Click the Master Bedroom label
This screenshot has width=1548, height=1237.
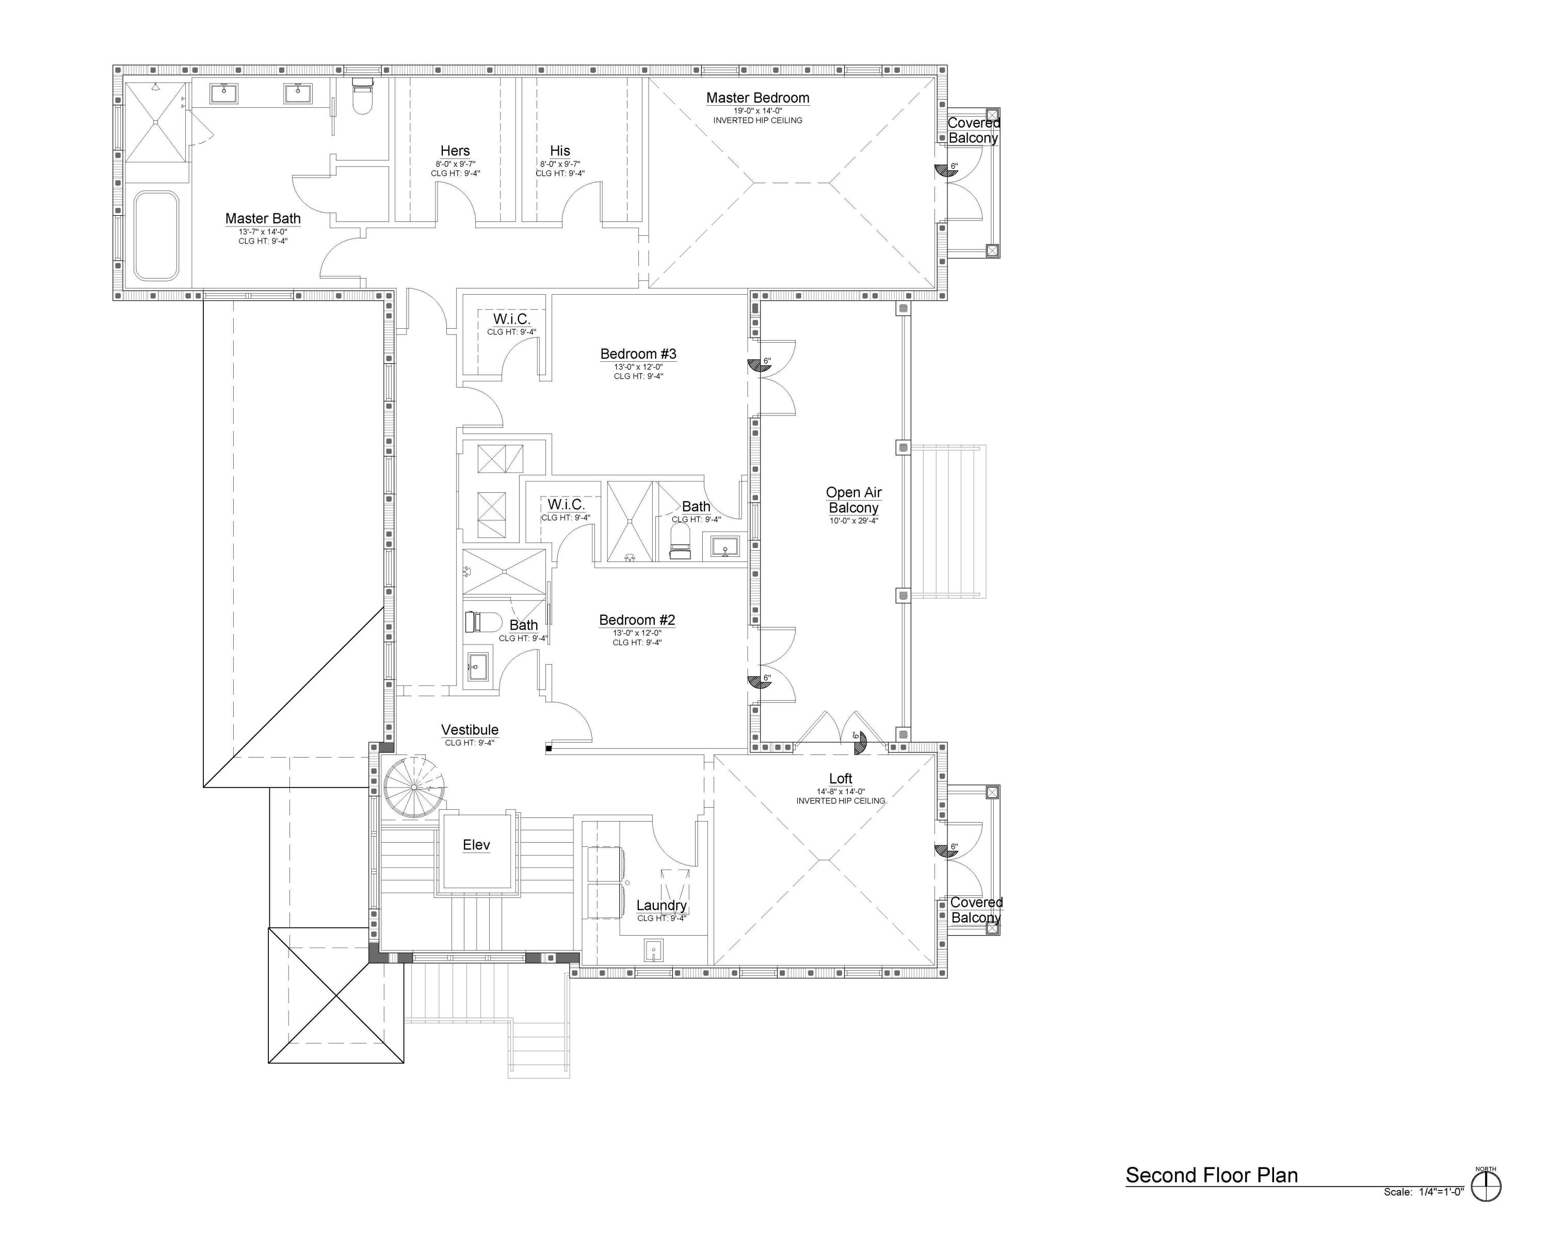pyautogui.click(x=757, y=98)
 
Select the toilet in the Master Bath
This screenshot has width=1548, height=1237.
pyautogui.click(x=363, y=96)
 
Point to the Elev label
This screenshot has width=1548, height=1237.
pyautogui.click(x=476, y=845)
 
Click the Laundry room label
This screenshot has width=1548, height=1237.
pyautogui.click(x=662, y=905)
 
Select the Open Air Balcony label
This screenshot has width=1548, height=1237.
pyautogui.click(x=853, y=500)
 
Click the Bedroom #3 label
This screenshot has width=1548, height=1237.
pyautogui.click(x=638, y=354)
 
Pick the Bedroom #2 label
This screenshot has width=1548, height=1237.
pyautogui.click(x=637, y=620)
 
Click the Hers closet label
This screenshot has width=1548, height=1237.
pyautogui.click(x=455, y=151)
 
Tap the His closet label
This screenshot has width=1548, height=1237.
pyautogui.click(x=560, y=151)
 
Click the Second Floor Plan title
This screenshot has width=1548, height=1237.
pyautogui.click(x=1212, y=1175)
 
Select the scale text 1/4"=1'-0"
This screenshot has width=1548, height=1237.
pyautogui.click(x=1441, y=1192)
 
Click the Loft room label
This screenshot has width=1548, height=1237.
pyautogui.click(x=841, y=778)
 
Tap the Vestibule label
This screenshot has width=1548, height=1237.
pyautogui.click(x=470, y=730)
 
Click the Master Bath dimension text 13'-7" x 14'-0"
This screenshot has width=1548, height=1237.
pyautogui.click(x=263, y=232)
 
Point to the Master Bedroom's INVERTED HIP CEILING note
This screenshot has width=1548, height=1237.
pyautogui.click(x=757, y=121)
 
